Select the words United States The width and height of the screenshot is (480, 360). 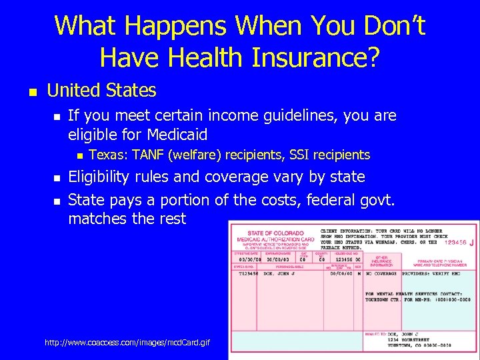[x=101, y=90]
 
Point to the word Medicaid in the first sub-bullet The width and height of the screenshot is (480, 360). [x=175, y=134]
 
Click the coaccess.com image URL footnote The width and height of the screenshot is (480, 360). [x=127, y=342]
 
